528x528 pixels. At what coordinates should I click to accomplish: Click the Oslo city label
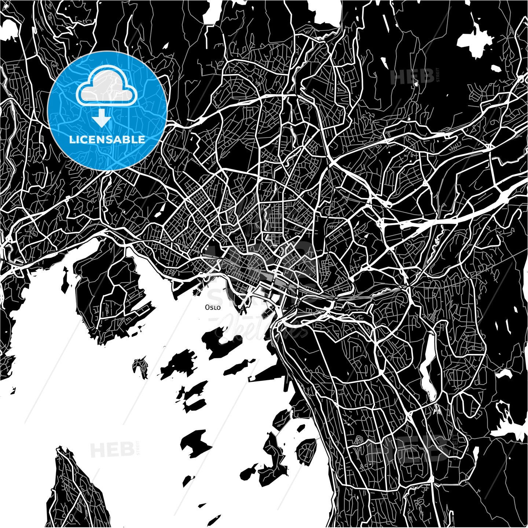coord(213,308)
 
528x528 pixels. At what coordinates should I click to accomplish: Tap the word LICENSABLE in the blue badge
coord(107,140)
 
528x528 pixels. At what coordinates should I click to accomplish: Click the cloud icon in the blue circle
coord(106,87)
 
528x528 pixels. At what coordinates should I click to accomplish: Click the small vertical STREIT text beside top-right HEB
coord(437,75)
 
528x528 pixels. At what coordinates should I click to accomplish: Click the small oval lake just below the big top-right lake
coord(497,68)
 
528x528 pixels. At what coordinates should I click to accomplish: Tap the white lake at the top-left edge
coord(9,29)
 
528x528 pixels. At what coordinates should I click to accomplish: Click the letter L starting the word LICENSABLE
coord(71,140)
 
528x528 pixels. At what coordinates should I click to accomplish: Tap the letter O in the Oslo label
coord(208,307)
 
